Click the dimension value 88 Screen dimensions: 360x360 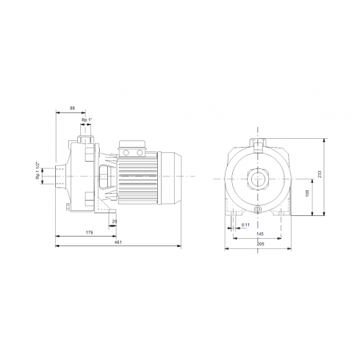71,108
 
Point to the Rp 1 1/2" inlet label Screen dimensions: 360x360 38,176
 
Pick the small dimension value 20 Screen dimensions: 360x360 114,220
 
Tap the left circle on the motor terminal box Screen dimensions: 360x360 126,153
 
